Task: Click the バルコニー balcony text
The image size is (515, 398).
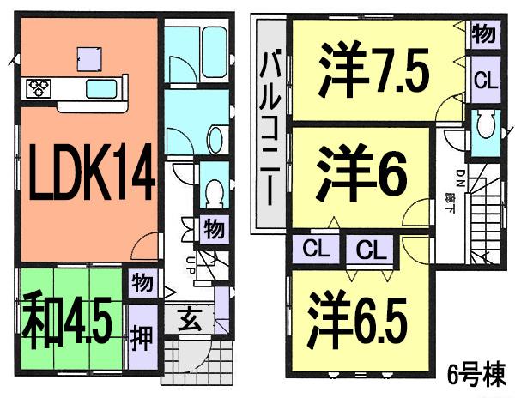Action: (271, 126)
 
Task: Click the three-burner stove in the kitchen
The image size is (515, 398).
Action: (39, 87)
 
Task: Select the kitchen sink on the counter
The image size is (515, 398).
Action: (102, 89)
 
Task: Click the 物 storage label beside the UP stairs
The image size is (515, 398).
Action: (213, 229)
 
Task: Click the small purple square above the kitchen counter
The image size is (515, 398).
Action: (88, 57)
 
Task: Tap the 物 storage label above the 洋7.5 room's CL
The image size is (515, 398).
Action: (482, 35)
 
